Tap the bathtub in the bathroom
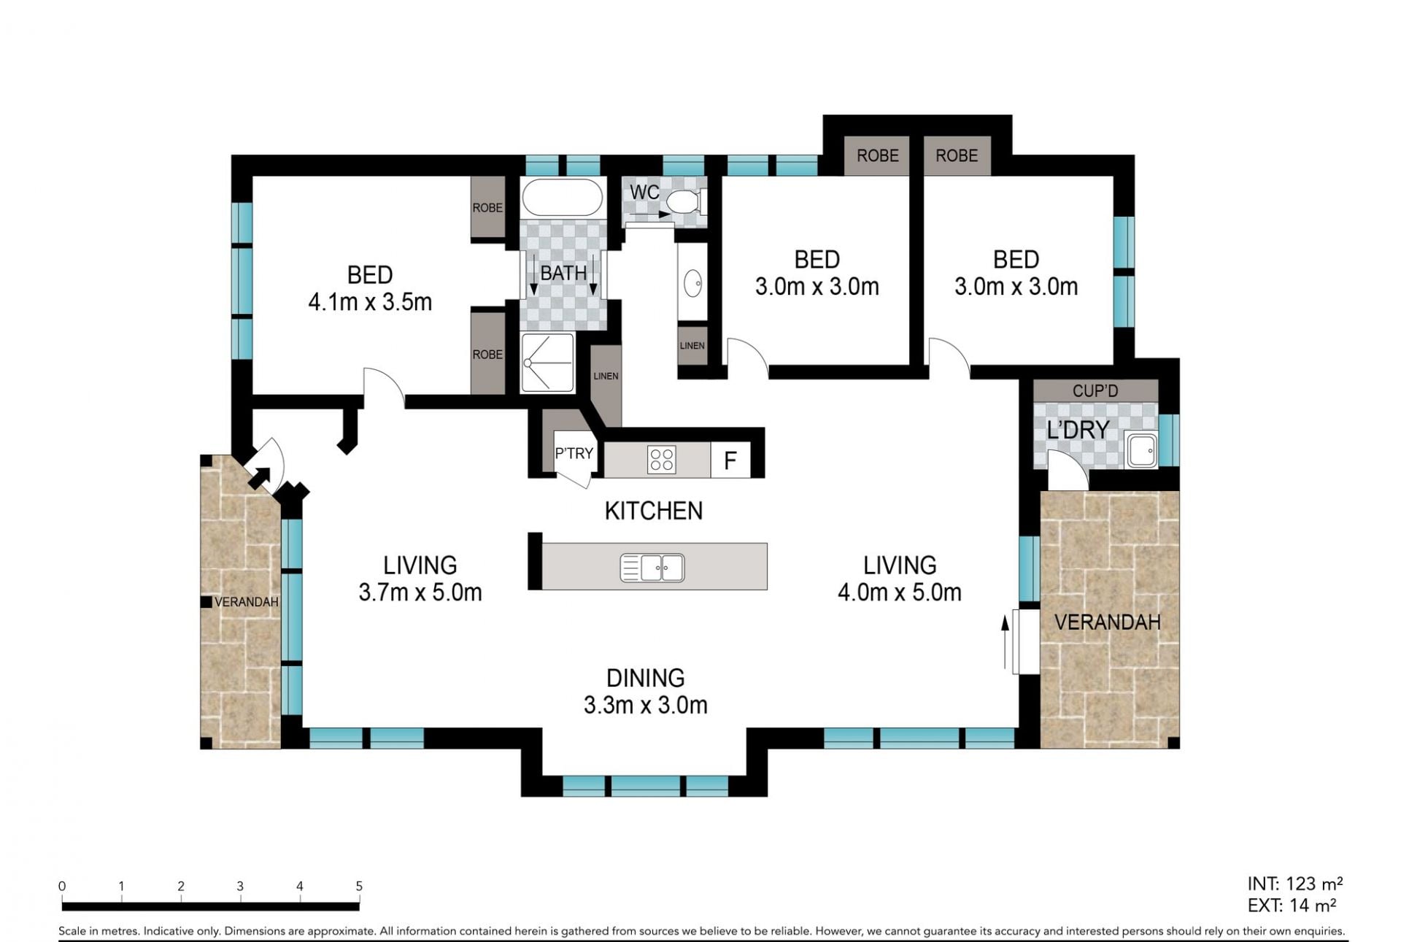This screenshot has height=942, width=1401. tap(563, 197)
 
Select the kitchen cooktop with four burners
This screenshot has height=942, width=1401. tap(662, 460)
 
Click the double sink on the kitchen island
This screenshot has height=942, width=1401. tap(652, 568)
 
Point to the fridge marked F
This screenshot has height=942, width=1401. tap(730, 460)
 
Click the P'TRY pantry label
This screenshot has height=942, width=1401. tap(574, 453)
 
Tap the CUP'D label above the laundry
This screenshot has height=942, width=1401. tap(1095, 391)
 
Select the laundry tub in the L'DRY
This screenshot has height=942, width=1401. tap(1141, 449)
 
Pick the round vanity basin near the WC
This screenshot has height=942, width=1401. tap(692, 282)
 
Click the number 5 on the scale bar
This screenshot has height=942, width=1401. tap(359, 886)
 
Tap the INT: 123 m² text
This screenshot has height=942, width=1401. tap(1295, 884)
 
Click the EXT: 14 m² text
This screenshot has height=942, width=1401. tap(1292, 906)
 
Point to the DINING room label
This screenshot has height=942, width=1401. tap(646, 678)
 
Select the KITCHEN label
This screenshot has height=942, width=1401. tap(654, 511)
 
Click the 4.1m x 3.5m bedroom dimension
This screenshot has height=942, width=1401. tap(370, 301)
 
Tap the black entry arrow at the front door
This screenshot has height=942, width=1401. tap(259, 478)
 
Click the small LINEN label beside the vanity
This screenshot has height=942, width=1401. tap(692, 345)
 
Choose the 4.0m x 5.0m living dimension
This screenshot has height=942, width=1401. tap(899, 592)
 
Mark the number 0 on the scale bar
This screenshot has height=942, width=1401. tap(62, 886)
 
